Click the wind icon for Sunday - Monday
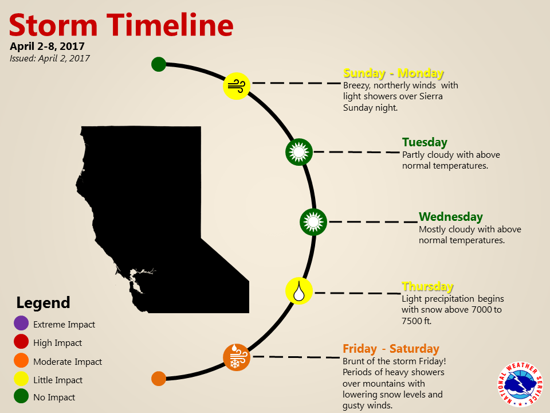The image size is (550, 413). point(237,86)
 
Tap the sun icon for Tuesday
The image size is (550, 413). point(299,151)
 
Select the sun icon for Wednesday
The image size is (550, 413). point(313,222)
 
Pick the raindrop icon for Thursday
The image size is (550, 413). point(299,291)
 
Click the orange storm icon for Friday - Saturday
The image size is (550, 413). point(237,357)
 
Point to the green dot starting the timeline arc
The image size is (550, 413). point(159,64)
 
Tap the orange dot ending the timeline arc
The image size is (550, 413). point(159,379)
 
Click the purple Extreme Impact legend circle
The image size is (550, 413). point(21,323)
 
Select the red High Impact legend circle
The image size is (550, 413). point(21,342)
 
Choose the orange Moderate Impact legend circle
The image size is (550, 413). point(21,360)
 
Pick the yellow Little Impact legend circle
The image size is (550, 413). point(21,379)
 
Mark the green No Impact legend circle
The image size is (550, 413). point(21,396)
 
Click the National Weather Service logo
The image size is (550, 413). point(520,384)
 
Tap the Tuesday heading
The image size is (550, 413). point(425,142)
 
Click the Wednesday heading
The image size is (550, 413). point(451,217)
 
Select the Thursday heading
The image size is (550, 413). point(427,286)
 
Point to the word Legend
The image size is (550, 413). point(43,303)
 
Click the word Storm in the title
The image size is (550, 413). point(53,25)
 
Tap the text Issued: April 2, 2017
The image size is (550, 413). point(50,59)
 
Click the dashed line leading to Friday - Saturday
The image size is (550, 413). point(296,357)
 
